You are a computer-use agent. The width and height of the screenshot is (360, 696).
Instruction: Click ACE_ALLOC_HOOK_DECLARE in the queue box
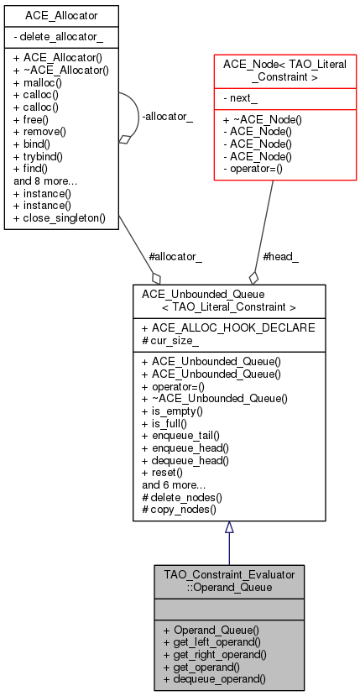pos(227,327)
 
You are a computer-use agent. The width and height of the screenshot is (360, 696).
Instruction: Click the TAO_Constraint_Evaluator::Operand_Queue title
pos(228,580)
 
